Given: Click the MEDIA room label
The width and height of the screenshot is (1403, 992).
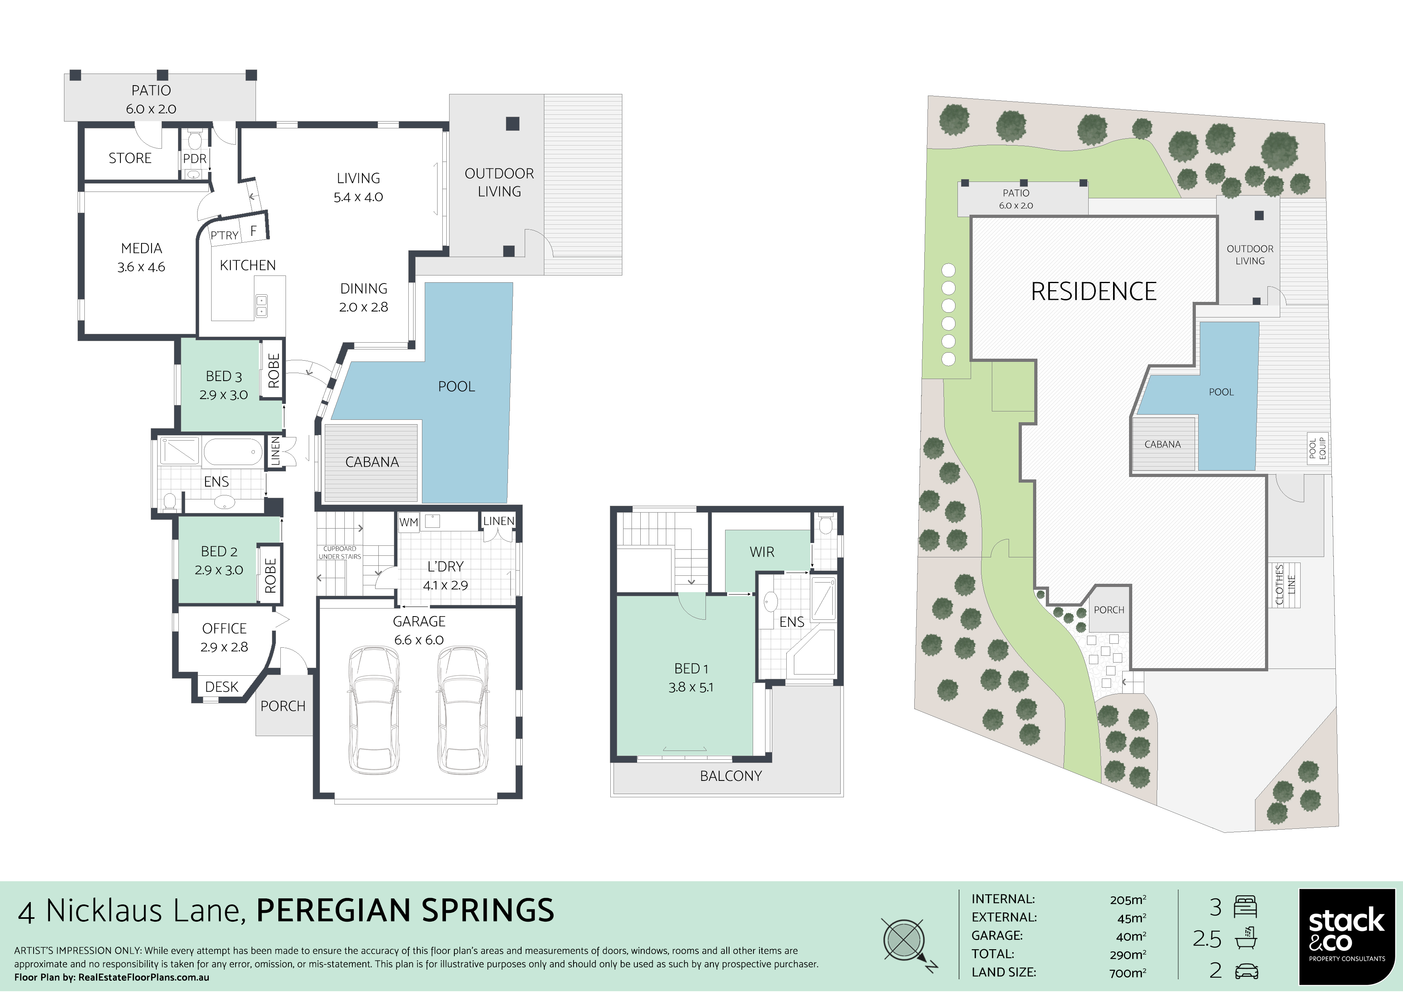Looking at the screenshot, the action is click(x=141, y=249).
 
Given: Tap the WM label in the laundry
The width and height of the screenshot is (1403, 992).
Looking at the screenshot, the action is click(x=408, y=522).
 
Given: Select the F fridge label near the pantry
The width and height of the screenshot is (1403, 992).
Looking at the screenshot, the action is click(x=253, y=231).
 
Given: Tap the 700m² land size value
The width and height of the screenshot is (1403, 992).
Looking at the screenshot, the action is click(x=1128, y=972).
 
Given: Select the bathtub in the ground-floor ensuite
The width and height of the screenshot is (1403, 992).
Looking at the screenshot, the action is click(x=232, y=452).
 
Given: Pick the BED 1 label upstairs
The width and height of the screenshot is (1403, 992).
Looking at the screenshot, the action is click(x=691, y=669).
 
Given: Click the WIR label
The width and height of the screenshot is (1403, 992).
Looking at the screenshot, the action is click(x=761, y=552).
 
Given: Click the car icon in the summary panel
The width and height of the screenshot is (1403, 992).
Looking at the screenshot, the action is click(x=1245, y=971).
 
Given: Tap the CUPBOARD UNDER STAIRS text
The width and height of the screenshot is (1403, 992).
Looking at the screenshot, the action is click(x=340, y=553).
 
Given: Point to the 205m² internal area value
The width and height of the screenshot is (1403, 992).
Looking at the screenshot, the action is click(x=1128, y=900).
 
